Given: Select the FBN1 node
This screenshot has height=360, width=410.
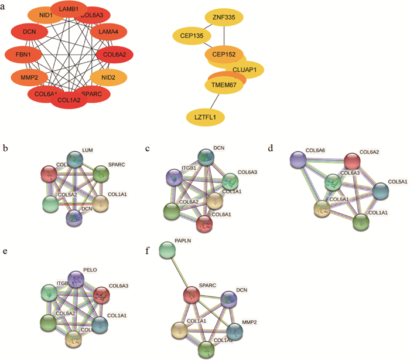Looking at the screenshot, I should point(22,55).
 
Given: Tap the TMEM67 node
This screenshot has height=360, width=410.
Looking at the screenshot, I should point(223,87).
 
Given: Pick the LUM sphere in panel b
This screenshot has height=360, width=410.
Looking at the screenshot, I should point(75,159).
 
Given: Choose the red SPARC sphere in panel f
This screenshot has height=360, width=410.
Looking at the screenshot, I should point(191,295).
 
